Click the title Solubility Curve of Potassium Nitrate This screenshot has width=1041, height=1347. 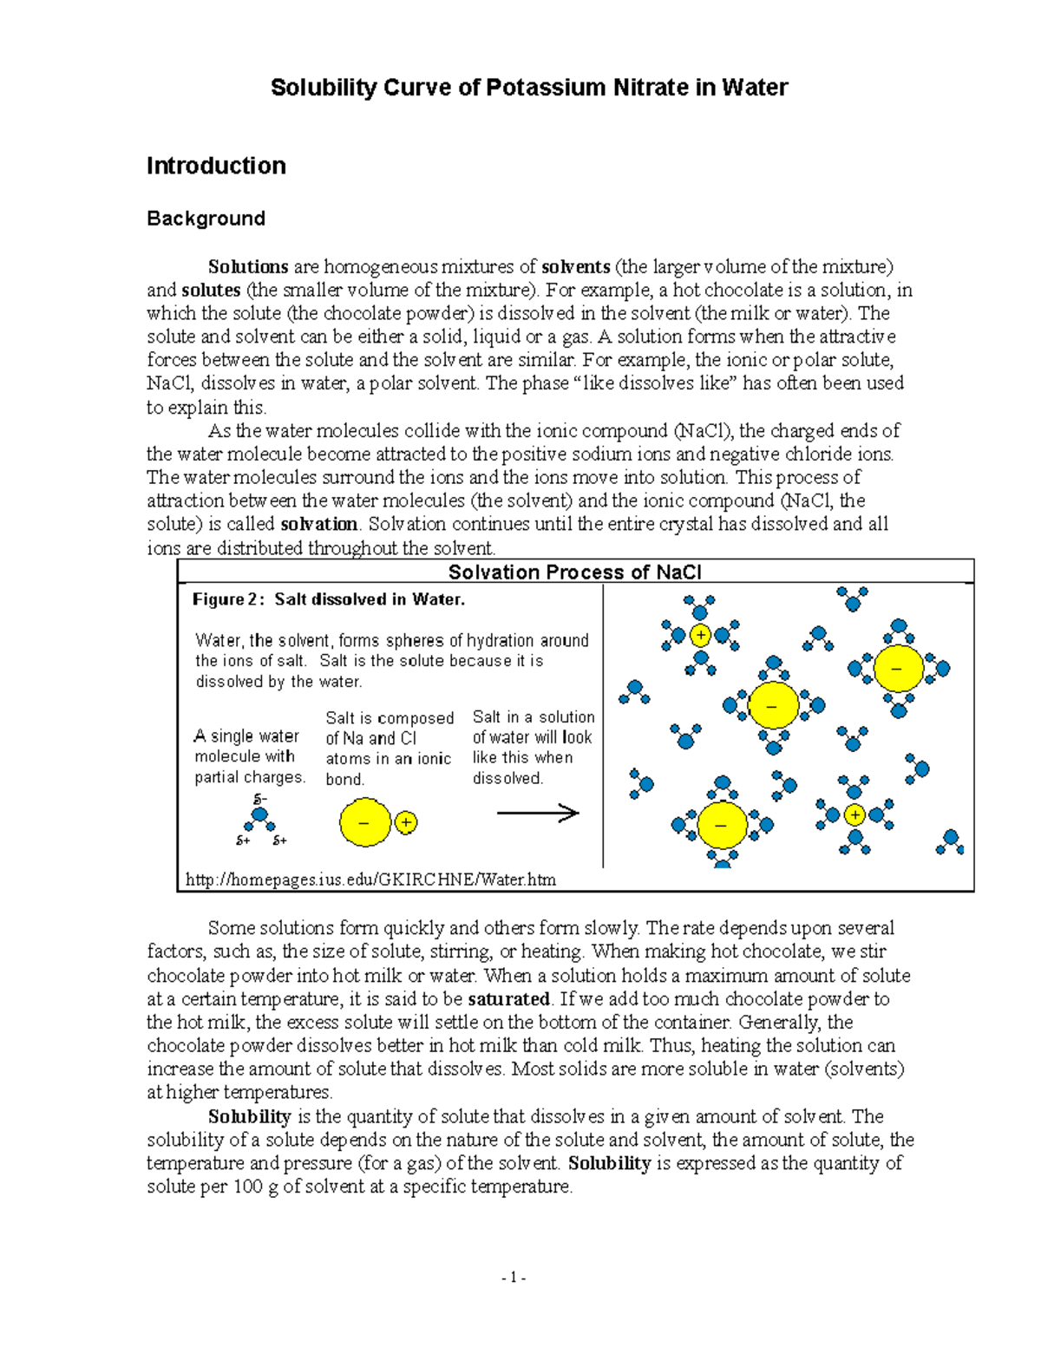coord(528,88)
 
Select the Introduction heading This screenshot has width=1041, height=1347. coord(216,166)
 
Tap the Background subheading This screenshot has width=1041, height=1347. coord(206,219)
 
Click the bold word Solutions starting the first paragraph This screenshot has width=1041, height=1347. coord(247,267)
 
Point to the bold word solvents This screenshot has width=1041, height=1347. coord(575,267)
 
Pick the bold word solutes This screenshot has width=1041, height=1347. coord(210,291)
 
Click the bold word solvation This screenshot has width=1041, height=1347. coord(318,524)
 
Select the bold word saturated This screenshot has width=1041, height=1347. coord(508,999)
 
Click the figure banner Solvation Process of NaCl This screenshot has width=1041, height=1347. coord(574,572)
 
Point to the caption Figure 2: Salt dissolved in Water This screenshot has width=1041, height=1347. coord(328,599)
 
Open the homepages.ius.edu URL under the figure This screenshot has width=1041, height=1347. coord(370,879)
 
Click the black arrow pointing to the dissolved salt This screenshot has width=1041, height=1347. coord(537,813)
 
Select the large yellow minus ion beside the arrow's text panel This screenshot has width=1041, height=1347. coord(365,822)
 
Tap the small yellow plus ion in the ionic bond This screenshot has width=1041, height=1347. coord(406,822)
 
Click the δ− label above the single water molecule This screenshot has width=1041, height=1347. coord(259,798)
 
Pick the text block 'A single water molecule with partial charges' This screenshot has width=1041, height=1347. coord(249,756)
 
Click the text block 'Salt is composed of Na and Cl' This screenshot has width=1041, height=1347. coord(390,749)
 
